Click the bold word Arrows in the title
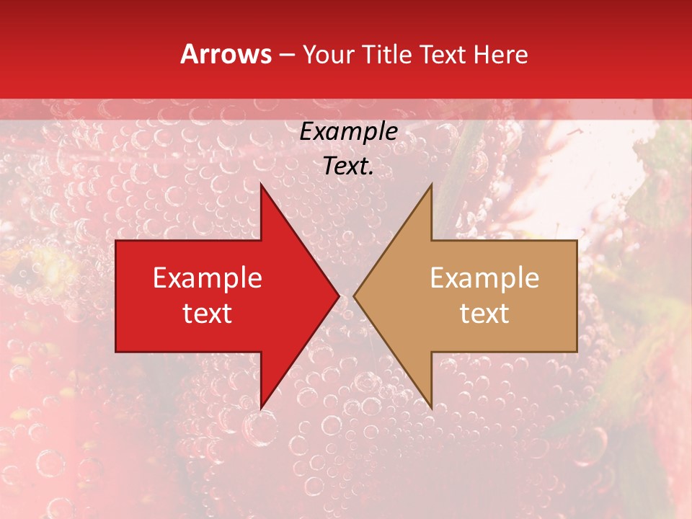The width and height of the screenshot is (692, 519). (226, 54)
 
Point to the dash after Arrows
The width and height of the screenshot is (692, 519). (287, 55)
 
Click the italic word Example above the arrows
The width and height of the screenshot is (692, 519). (348, 132)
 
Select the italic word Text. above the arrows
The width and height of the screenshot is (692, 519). (348, 167)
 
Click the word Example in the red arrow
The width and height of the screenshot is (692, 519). (208, 278)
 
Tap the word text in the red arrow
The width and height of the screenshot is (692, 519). (208, 314)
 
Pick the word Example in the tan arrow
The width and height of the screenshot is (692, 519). (484, 278)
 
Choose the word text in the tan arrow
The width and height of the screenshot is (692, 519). (484, 314)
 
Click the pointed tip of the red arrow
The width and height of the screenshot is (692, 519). (339, 296)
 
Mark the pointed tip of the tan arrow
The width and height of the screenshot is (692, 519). (354, 296)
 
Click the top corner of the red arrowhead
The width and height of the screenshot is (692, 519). (261, 184)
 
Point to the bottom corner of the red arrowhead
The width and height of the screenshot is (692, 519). (261, 408)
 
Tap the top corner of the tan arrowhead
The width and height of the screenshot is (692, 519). (431, 184)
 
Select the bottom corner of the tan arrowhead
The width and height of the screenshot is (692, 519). (431, 408)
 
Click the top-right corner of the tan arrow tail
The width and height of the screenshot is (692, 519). (577, 241)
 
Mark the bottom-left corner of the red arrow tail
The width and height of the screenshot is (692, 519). (116, 352)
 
